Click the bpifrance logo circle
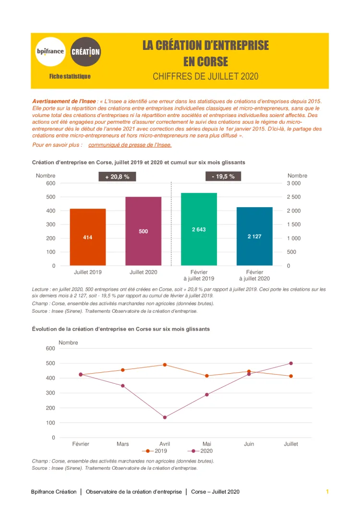pos(50,51)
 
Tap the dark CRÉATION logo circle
pos(85,51)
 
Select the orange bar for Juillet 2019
pos(88,237)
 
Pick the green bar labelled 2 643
pos(199,229)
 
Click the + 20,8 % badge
pos(118,177)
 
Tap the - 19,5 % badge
pos(223,177)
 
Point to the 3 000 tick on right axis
pos(294,183)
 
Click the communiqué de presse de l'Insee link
pos(130,145)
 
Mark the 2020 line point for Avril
pos(165,417)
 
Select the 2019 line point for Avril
pos(165,365)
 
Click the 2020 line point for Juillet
pos(291,363)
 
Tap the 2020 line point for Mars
pos(123,386)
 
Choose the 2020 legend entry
pos(201,451)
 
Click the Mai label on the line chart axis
pos(207,444)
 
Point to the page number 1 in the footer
pos(327,492)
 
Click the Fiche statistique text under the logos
pos(70,77)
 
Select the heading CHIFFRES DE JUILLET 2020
pos(205,76)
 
